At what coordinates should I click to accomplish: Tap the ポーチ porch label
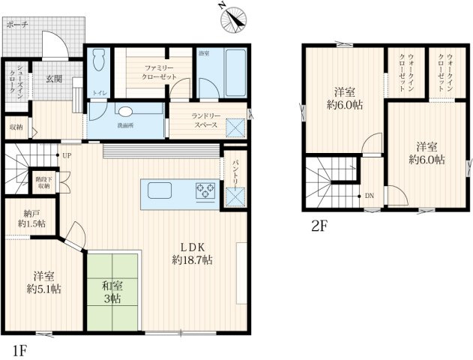(16, 25)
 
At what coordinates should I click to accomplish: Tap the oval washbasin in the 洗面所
(125, 111)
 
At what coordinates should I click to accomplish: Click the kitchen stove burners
(205, 192)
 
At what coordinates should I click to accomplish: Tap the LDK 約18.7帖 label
(192, 253)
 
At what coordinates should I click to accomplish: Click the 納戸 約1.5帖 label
(31, 217)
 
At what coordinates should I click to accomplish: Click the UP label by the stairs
(67, 156)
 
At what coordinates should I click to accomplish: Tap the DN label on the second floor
(369, 196)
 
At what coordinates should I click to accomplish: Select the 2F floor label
(320, 224)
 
